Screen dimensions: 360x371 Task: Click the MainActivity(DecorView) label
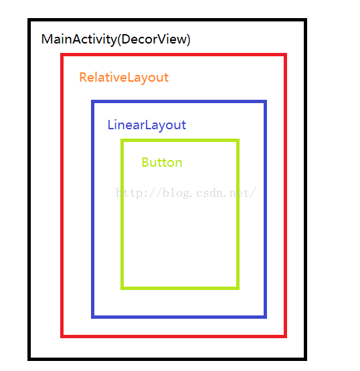116,40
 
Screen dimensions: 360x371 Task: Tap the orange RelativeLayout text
124,78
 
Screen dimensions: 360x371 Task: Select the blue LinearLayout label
147,125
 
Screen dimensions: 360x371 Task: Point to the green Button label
162,162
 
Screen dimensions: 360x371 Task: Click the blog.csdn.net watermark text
186,193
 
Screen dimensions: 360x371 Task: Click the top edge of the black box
167,20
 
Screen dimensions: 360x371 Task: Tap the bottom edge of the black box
167,359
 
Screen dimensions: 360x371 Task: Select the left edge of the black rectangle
29,190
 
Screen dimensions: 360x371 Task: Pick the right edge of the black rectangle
305,190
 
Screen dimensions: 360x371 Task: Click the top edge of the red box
174,55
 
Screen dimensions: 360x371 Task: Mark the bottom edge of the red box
174,336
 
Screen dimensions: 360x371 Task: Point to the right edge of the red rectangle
285,196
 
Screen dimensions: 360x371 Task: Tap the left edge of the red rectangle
62,196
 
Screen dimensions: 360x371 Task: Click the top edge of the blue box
179,102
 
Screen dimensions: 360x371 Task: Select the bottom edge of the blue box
179,317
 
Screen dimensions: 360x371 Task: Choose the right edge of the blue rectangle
265,209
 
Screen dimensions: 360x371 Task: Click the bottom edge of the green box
180,288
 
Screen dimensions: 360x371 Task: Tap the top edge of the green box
180,141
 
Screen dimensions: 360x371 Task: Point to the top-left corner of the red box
62,55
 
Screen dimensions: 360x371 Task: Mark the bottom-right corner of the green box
238,288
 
